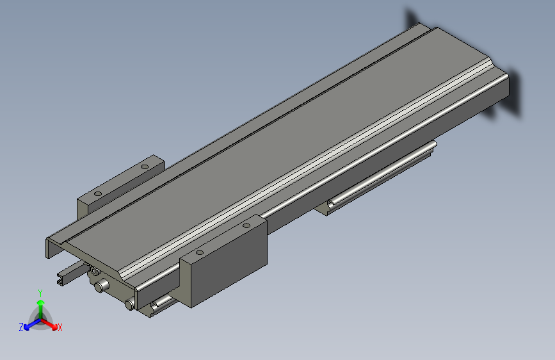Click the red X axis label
[x=60, y=328]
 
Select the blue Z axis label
[x=21, y=327]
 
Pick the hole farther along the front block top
[x=246, y=226]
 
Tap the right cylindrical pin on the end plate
[x=131, y=304]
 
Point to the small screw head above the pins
[x=95, y=272]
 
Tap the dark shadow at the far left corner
[x=410, y=19]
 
